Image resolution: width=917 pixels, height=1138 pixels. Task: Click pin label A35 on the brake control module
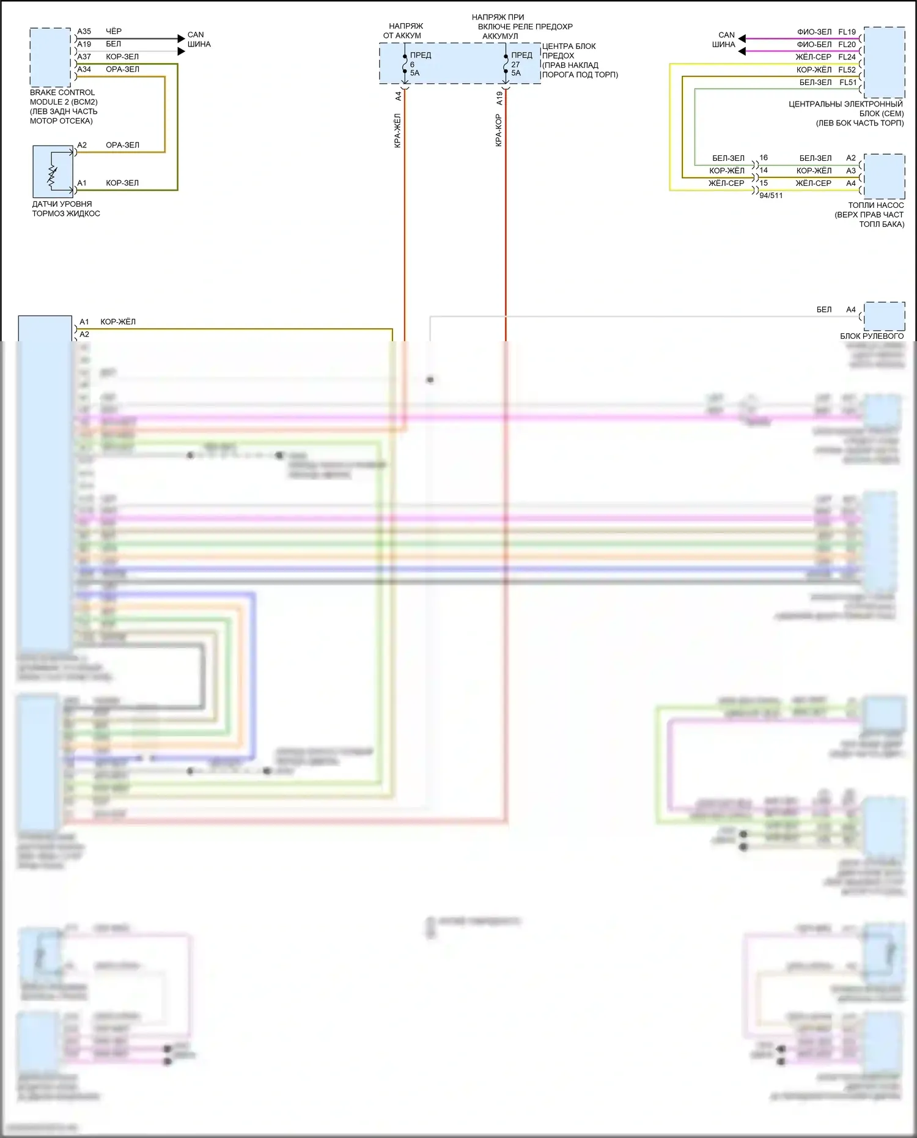84,31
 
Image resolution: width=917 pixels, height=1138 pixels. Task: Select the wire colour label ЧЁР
114,31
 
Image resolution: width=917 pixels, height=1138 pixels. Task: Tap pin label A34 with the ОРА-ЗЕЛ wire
84,70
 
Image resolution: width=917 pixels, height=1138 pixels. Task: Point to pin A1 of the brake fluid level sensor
82,183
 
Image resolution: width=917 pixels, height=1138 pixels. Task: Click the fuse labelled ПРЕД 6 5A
405,64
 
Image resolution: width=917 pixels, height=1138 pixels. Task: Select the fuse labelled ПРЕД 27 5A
506,64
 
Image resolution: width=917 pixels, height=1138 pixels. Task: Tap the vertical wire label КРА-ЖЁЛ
397,130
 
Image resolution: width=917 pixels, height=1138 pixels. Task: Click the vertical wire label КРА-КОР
499,130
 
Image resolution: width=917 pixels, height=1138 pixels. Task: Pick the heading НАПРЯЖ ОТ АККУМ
403,31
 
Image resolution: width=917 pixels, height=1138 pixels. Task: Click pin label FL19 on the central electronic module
847,32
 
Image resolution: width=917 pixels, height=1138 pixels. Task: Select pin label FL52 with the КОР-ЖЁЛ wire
847,70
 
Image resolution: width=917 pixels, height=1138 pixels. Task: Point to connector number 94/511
771,196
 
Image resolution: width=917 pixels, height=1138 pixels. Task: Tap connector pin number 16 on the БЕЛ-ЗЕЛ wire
764,158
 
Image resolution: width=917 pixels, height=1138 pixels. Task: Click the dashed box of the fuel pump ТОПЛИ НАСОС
884,176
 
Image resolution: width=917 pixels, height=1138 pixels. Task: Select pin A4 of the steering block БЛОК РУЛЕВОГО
851,309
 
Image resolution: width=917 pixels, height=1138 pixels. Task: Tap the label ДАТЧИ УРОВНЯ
62,204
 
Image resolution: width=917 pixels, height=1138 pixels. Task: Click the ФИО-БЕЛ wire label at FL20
814,45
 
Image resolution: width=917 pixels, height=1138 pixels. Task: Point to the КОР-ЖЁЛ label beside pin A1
118,322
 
